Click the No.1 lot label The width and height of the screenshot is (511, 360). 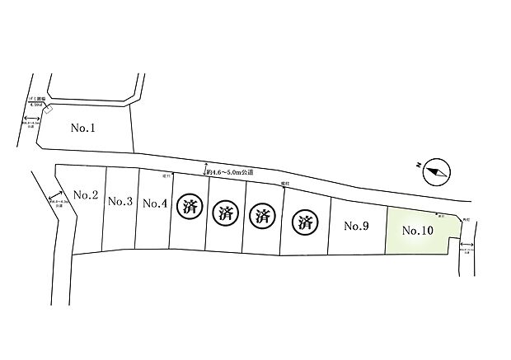(x=84, y=129)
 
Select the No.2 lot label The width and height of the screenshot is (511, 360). (x=86, y=195)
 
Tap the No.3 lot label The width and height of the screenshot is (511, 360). (x=120, y=201)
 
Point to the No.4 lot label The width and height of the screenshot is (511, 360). (x=155, y=203)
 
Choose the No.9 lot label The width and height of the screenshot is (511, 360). (x=356, y=226)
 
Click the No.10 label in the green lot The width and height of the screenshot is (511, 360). (x=417, y=231)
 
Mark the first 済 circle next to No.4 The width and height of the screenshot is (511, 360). (x=189, y=207)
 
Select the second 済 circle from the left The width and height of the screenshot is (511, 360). (x=225, y=213)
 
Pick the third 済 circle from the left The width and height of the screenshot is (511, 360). (x=262, y=217)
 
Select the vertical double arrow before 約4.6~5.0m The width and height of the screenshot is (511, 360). (x=204, y=171)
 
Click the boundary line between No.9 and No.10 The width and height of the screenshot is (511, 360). (x=386, y=231)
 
